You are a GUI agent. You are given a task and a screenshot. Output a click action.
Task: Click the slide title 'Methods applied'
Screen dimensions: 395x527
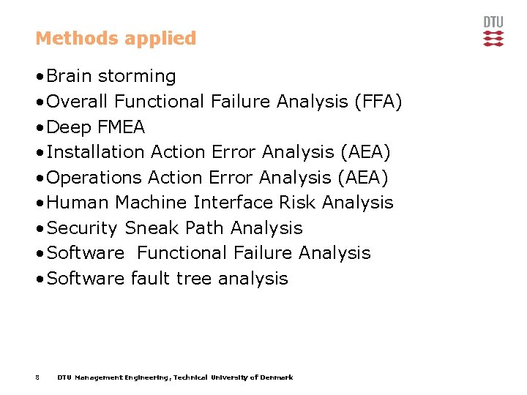click(x=116, y=38)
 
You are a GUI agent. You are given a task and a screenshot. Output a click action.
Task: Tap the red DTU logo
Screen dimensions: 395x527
click(x=493, y=31)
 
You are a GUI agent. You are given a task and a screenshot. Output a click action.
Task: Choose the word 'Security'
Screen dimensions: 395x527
click(x=81, y=228)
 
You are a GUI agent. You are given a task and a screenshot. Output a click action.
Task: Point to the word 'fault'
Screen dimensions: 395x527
click(x=150, y=279)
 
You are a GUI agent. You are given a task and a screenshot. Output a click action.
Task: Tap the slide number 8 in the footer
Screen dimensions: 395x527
click(x=37, y=377)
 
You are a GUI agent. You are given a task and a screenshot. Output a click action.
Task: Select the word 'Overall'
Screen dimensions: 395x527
click(x=78, y=102)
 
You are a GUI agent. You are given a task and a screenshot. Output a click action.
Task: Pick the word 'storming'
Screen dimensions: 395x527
click(x=137, y=77)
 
